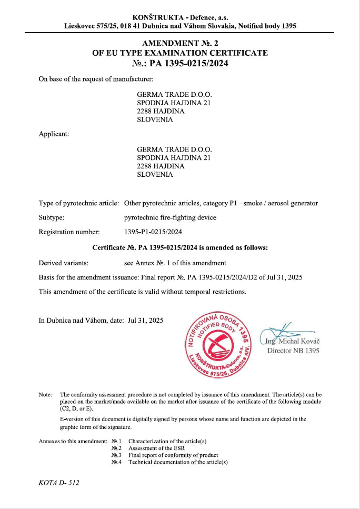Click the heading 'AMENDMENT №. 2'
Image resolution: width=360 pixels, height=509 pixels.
tap(180, 43)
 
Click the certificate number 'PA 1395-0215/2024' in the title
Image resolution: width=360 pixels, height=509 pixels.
tap(189, 64)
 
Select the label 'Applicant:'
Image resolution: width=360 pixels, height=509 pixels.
tap(54, 134)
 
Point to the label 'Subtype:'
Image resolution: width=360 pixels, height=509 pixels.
tap(52, 217)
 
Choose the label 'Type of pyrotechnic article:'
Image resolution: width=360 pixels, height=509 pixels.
tap(78, 203)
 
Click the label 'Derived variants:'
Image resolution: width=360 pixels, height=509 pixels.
tap(63, 263)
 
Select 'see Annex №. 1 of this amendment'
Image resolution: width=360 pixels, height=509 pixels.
tap(175, 263)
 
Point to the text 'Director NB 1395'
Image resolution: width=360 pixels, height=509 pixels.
tap(293, 351)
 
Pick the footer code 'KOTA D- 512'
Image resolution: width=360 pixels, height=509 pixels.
tap(59, 482)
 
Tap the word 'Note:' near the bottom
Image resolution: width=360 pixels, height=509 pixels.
tap(45, 394)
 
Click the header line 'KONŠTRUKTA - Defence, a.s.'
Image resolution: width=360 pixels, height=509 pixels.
tap(180, 17)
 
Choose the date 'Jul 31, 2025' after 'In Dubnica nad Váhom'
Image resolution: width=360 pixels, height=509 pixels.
tap(146, 320)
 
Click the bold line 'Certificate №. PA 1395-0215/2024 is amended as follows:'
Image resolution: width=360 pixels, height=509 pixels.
tap(180, 247)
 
